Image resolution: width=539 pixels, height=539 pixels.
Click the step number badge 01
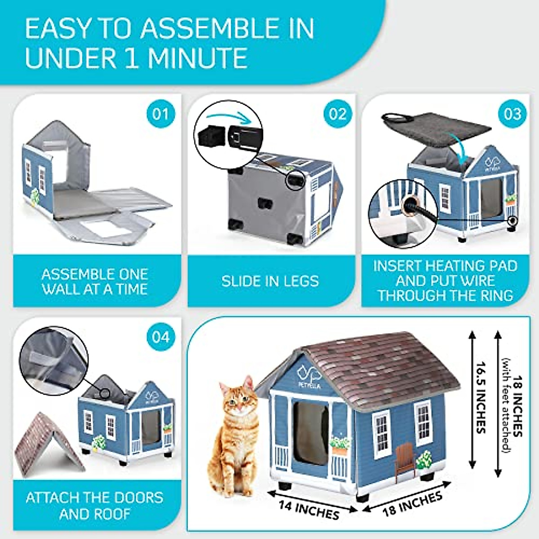(x=160, y=114)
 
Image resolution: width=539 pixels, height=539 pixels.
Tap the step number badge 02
(x=337, y=114)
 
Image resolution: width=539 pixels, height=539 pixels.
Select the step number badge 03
(x=512, y=114)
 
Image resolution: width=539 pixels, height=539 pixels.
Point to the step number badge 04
(x=160, y=336)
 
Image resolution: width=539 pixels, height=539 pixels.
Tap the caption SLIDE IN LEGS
(x=270, y=281)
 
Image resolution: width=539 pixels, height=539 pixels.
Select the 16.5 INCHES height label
(x=482, y=398)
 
